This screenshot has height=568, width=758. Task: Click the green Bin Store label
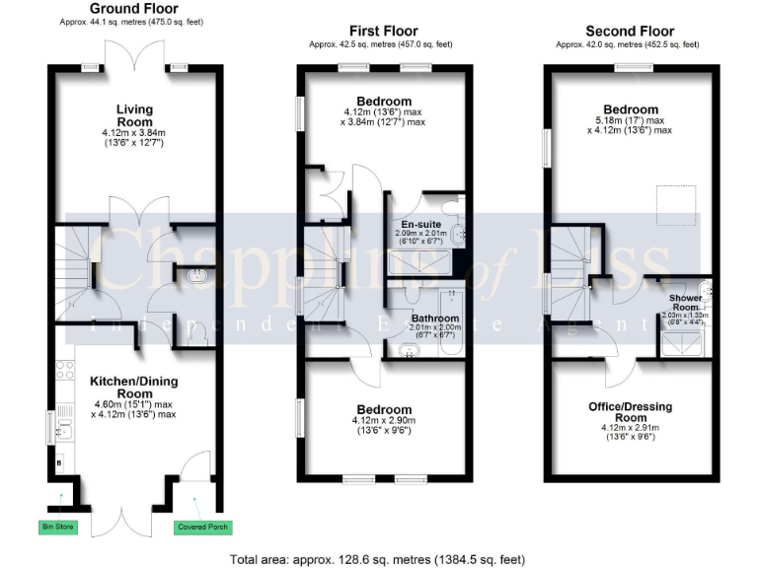[x=58, y=526]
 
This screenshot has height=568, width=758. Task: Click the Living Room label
[x=134, y=114]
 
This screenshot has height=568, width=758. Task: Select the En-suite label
[x=420, y=224]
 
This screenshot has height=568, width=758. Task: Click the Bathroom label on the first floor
[x=435, y=319]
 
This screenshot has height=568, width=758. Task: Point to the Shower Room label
[x=685, y=302]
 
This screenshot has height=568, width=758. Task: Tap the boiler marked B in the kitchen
[x=58, y=461]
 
